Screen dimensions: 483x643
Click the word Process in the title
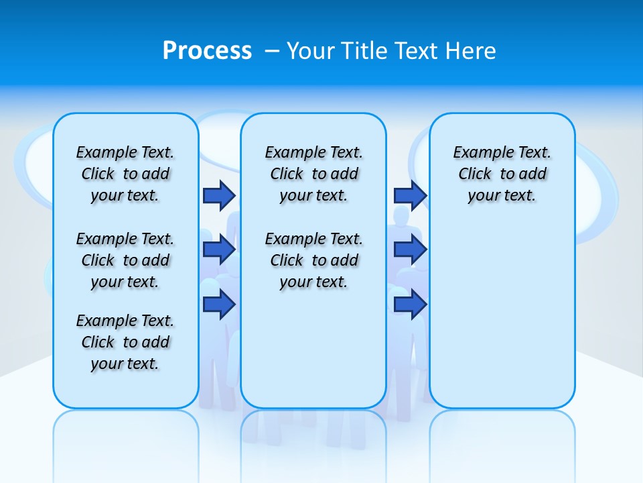pos(207,51)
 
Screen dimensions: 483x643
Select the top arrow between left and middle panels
pos(219,195)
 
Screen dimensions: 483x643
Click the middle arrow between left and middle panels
pos(219,250)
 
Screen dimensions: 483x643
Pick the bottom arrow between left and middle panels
pos(219,305)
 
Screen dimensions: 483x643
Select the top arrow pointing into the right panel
pos(410,195)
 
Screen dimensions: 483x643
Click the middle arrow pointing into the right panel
pos(410,250)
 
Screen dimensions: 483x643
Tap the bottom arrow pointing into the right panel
pos(410,305)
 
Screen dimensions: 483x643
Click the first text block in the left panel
pos(125,174)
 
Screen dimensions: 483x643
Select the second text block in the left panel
pos(125,260)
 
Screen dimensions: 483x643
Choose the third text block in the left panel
pos(125,342)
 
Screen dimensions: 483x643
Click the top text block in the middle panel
pos(313,174)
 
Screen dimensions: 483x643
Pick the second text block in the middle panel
pos(313,260)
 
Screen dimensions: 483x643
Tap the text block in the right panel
pos(502,174)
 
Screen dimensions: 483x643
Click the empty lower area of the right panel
pos(502,322)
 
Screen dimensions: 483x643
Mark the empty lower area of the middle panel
pos(313,349)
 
